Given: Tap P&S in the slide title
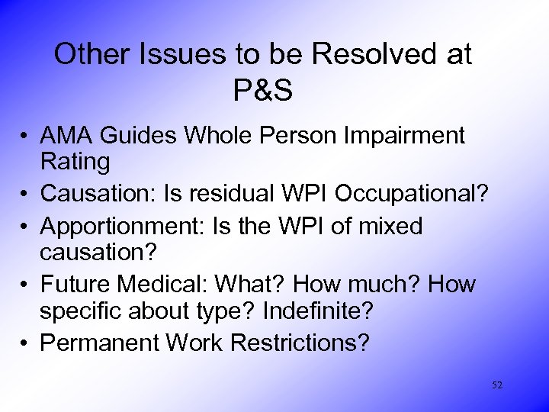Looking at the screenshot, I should [x=264, y=90].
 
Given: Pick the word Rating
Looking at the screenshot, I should [x=75, y=161].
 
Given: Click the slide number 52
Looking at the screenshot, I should [x=497, y=385].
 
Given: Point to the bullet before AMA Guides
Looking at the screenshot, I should [x=26, y=137].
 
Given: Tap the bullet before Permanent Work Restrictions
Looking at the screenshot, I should [x=26, y=343].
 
